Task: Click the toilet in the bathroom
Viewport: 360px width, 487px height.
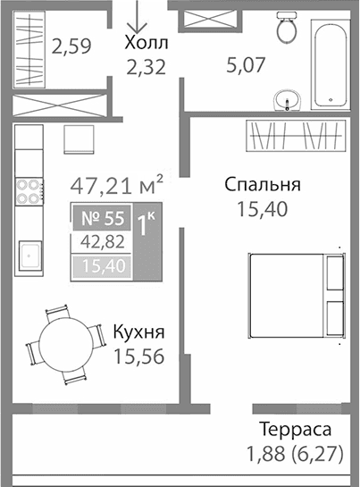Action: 287,29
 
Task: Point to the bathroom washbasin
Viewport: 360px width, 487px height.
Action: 287,99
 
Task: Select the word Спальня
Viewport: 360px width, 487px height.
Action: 262,186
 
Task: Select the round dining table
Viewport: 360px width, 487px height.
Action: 65,342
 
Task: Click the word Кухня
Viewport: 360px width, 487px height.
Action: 138,333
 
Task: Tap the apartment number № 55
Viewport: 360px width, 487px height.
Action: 100,217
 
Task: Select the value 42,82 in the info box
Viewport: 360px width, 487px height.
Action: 100,241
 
